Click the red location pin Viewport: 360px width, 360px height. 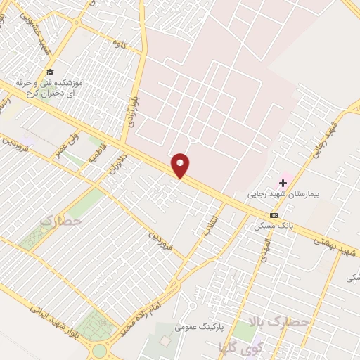coord(181,165)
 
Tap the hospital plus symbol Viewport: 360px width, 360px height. coord(283,182)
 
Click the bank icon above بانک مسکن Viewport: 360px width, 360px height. coord(274,215)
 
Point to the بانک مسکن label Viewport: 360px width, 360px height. coord(273,226)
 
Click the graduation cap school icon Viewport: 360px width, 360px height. coord(49,72)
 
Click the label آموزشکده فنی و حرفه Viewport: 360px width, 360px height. coord(79,82)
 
